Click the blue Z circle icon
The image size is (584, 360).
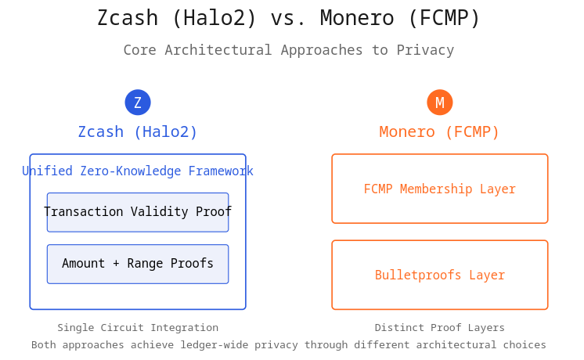[138, 103]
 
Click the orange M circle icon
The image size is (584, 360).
[440, 103]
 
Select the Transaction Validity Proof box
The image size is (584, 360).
[138, 212]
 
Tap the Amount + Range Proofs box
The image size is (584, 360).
[138, 264]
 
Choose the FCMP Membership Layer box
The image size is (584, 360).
[440, 189]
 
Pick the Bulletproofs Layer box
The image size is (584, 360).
[440, 275]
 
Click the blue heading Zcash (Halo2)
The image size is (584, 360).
[138, 132]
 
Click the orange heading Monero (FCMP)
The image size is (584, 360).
[440, 132]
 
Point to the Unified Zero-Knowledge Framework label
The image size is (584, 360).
[138, 171]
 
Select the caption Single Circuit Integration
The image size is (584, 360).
[138, 328]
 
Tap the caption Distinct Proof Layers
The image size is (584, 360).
[440, 328]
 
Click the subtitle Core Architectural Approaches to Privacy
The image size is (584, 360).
[289, 51]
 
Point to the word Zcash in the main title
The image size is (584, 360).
[125, 19]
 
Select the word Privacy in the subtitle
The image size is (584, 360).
[427, 51]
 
